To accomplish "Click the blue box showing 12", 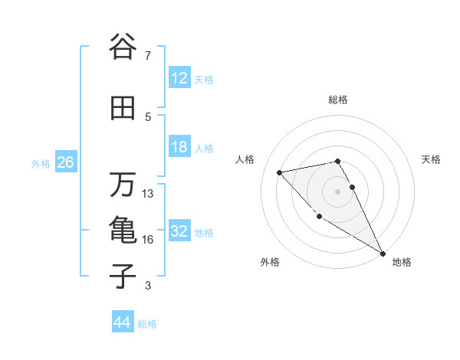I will point(179,78).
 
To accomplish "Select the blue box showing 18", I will point(179,147).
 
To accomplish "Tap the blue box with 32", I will point(179,231).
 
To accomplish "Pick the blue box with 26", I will point(65,162).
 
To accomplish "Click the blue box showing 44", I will point(122,322).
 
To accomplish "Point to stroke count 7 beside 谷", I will point(147,56).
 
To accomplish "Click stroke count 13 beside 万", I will point(148,194).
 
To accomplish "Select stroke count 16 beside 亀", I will point(148,240).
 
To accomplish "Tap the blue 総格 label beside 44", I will point(147,324).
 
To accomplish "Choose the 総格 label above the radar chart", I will point(337,100).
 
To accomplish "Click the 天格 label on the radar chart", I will point(432,159).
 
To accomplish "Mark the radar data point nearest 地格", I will point(383,254).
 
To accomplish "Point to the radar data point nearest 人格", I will point(280,172).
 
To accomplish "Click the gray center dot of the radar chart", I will point(337,191).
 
